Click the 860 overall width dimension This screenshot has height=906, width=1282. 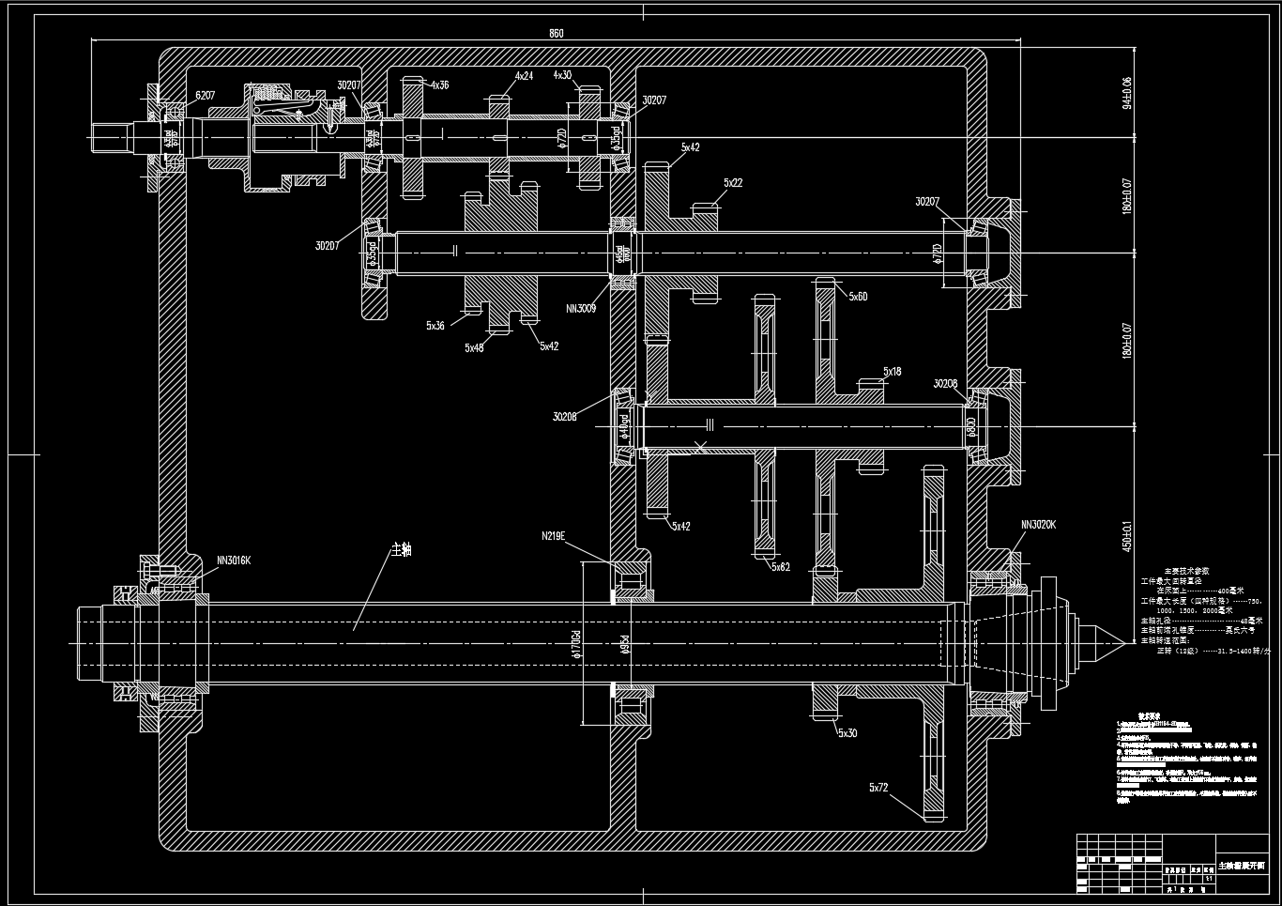click(556, 34)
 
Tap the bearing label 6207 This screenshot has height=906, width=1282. click(206, 96)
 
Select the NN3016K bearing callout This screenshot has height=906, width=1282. click(234, 560)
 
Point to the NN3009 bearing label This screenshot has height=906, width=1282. click(582, 308)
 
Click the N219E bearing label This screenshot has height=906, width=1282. click(554, 536)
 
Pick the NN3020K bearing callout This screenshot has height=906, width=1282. click(1038, 525)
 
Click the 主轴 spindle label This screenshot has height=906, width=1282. click(401, 549)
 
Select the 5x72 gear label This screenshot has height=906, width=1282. click(878, 788)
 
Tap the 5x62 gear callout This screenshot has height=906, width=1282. click(781, 567)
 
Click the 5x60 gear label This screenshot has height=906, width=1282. click(858, 297)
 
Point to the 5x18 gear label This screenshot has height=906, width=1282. click(892, 372)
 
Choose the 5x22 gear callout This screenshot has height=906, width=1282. click(733, 183)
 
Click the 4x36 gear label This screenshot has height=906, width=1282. click(439, 85)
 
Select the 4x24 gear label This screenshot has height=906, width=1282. click(524, 76)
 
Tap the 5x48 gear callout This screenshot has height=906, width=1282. click(474, 347)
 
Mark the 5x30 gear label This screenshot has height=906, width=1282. click(847, 733)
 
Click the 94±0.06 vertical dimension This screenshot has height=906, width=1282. click(1127, 92)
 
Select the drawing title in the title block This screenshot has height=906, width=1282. click(1241, 865)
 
